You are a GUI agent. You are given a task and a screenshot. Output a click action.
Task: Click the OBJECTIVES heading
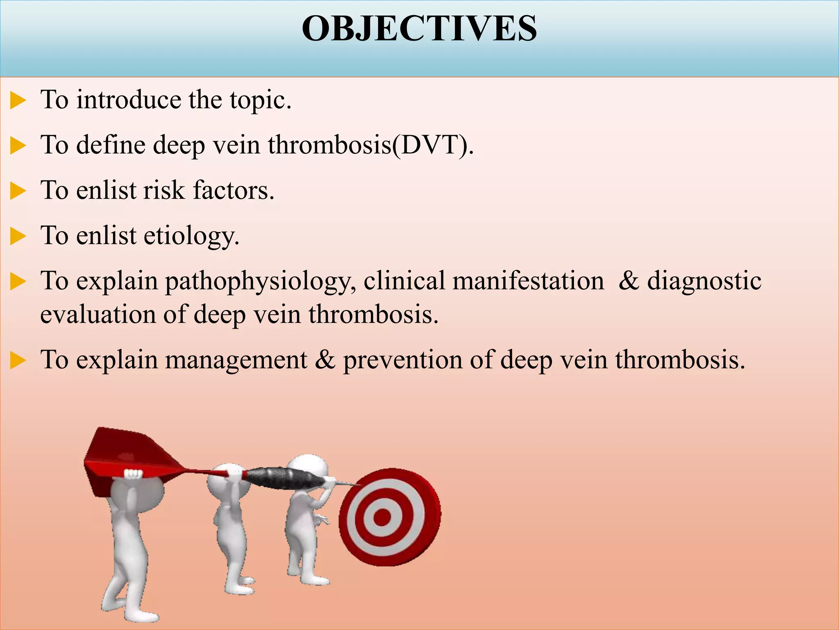coord(419,28)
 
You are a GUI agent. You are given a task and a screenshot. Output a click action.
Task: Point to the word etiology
coord(191,236)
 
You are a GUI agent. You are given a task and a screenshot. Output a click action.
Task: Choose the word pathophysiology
coord(261,282)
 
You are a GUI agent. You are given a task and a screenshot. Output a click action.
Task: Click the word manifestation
coord(528,281)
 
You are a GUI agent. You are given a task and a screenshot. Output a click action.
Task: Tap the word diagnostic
coord(704,282)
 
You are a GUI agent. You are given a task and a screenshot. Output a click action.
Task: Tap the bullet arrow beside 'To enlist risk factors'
coord(18,192)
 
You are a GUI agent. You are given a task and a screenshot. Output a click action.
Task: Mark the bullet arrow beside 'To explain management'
coord(18,361)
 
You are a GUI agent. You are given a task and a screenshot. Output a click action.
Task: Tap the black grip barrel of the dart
coord(279,478)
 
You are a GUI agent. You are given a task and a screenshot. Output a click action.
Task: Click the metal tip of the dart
coord(348,484)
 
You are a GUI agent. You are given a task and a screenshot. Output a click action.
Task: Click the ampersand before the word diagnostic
coord(629,281)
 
